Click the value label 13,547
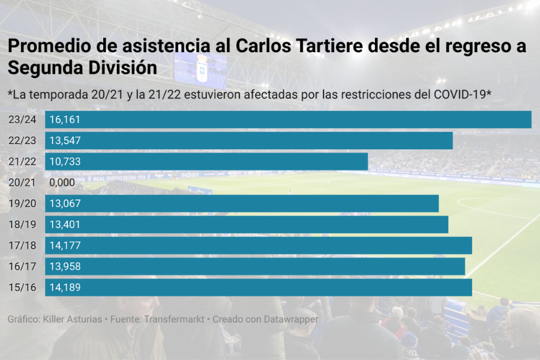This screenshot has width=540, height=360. point(65,140)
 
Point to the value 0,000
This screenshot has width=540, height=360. point(62,182)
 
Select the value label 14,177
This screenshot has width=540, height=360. point(65,245)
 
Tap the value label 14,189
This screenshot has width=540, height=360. point(65,287)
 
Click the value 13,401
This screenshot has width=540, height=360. point(65,224)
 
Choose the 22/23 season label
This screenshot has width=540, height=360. point(23,140)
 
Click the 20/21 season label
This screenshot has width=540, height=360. point(23,182)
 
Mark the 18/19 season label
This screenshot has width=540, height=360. point(23,224)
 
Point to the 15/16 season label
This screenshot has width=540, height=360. point(23,287)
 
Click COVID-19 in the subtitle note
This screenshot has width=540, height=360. point(461,95)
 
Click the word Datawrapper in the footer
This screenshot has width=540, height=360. point(290,319)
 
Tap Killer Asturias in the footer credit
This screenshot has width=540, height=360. point(73,319)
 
